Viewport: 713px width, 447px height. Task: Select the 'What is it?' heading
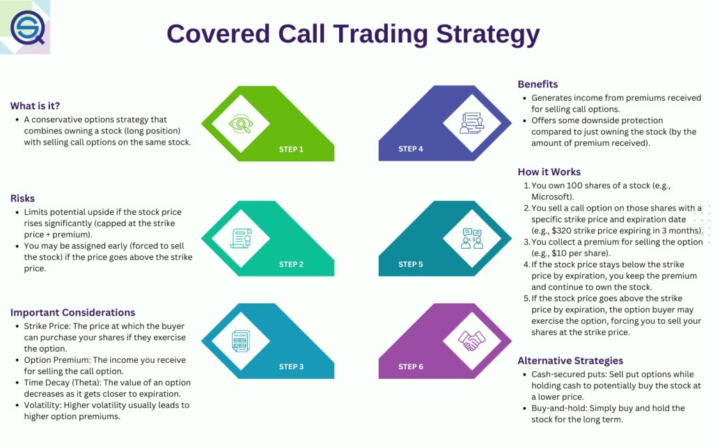click(35, 106)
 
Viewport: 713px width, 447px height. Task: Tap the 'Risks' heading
click(22, 197)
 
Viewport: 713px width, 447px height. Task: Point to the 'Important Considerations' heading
click(72, 312)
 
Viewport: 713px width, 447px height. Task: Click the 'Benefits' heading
click(538, 84)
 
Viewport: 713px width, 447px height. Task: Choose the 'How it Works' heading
click(549, 172)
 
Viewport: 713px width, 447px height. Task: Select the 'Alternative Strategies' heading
click(570, 360)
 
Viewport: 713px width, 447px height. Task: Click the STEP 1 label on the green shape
click(291, 149)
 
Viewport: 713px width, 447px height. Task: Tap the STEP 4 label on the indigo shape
click(410, 149)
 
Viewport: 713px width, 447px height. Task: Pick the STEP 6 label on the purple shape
click(410, 366)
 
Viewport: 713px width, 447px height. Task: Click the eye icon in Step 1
click(240, 124)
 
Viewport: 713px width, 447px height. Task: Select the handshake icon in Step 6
click(471, 340)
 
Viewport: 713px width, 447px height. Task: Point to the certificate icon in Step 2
click(240, 238)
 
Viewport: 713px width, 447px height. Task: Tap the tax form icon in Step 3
click(240, 341)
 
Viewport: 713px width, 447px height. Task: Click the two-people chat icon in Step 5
click(471, 238)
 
